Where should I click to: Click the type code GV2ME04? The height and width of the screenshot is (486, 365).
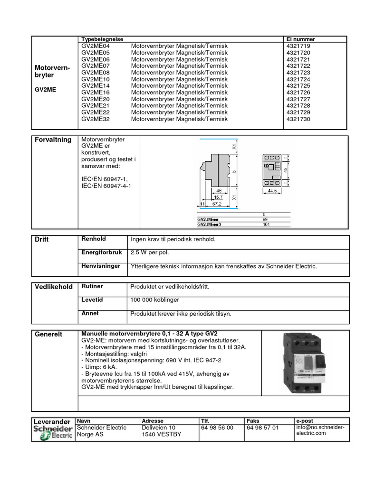95,46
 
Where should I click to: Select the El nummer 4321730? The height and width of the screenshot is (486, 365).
298,119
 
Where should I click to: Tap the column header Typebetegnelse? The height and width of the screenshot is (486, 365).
103,39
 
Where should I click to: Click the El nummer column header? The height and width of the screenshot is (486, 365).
300,39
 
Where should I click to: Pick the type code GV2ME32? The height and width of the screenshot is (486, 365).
95,119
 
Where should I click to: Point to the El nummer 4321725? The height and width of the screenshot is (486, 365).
298,86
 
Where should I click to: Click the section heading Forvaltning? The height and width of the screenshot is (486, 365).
53,140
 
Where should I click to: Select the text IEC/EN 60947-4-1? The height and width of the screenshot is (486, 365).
106,186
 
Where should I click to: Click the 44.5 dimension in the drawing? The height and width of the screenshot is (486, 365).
271,190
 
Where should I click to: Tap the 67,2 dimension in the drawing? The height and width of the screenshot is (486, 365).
218,203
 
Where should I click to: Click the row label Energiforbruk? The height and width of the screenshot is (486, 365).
102,252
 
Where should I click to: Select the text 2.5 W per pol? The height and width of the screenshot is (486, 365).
150,253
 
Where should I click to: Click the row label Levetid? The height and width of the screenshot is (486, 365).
92,300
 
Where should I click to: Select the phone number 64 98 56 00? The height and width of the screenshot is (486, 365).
217,428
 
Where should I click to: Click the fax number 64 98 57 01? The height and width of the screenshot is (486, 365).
263,428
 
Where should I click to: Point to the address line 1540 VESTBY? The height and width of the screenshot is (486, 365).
161,434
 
